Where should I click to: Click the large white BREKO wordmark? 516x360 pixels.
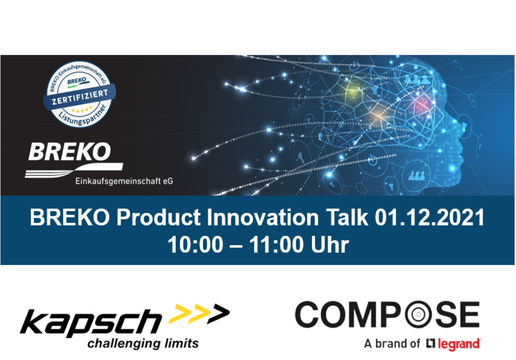70,151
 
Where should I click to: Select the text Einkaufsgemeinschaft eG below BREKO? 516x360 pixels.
124,181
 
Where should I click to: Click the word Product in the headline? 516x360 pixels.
159,217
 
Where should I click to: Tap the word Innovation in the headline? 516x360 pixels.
263,217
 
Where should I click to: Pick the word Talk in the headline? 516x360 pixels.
347,217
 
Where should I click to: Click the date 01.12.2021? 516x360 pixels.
430,217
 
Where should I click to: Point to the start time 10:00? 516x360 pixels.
195,245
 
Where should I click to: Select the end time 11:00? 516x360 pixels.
276,245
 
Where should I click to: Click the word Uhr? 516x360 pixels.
330,245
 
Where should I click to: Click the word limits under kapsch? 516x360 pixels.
182,343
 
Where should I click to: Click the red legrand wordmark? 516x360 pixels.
458,344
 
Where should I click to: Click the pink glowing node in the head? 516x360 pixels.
421,103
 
